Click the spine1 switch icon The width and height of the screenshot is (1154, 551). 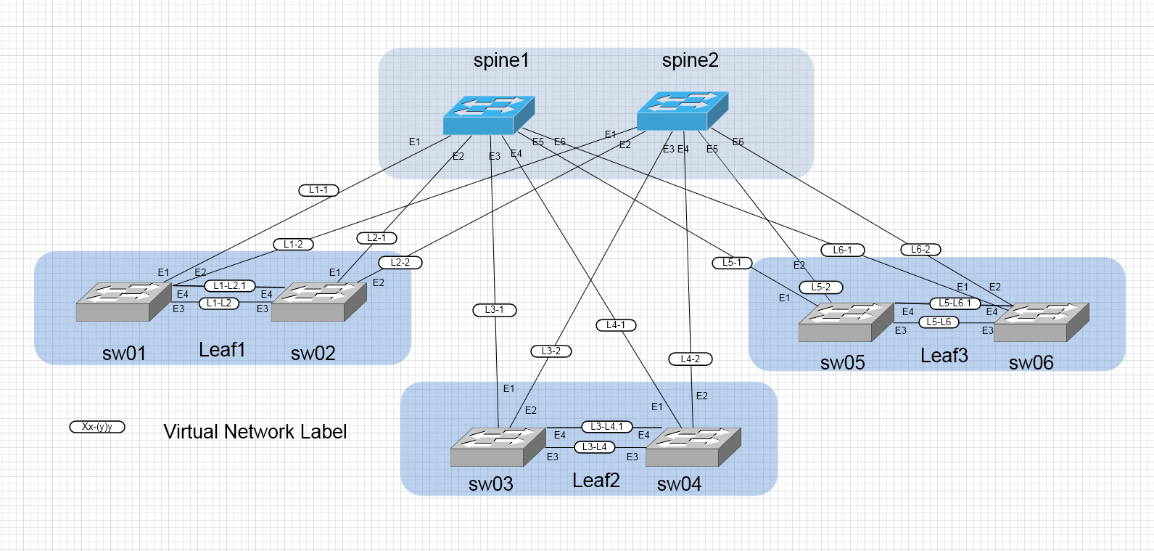[489, 115]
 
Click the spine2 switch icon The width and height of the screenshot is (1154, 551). [682, 111]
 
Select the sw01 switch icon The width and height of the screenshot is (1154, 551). [123, 301]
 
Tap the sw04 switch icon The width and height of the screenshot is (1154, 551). [693, 446]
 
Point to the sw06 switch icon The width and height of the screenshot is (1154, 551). [1041, 322]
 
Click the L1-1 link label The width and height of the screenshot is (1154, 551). [318, 190]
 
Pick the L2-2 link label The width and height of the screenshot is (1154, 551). [400, 262]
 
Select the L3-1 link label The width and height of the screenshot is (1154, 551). [494, 310]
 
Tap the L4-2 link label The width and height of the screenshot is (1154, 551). [690, 359]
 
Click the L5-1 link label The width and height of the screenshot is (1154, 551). [732, 263]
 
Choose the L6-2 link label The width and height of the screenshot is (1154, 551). [920, 249]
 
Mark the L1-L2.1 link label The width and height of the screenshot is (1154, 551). [230, 286]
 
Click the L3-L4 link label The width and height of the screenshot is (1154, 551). [594, 447]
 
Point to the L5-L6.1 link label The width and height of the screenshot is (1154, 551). [955, 303]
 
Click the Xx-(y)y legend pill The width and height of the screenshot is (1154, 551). [97, 427]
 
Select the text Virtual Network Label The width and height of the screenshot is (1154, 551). [255, 432]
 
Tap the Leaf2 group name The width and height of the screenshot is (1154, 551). [595, 481]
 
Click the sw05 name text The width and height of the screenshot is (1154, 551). [842, 363]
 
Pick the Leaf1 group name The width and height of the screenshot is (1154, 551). [222, 350]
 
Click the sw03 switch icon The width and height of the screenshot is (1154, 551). [498, 446]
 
